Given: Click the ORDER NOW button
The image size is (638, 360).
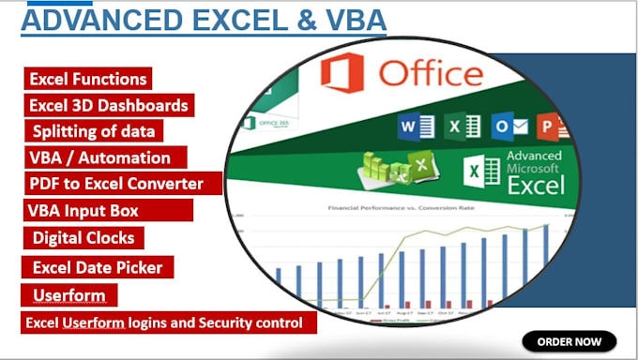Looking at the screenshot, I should [570, 340].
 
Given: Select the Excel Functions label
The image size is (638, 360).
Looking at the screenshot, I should [87, 80].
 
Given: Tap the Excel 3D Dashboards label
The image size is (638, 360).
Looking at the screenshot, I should [109, 106].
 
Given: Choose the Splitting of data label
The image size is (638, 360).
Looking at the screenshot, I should [94, 131].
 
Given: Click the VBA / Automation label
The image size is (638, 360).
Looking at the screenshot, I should [101, 157].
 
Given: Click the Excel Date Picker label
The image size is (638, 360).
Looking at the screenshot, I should [98, 267].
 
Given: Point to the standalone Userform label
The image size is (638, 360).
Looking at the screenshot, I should [68, 296].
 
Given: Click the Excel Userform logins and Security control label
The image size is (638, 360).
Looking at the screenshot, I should [167, 323].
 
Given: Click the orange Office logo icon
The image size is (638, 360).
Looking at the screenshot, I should [343, 73].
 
